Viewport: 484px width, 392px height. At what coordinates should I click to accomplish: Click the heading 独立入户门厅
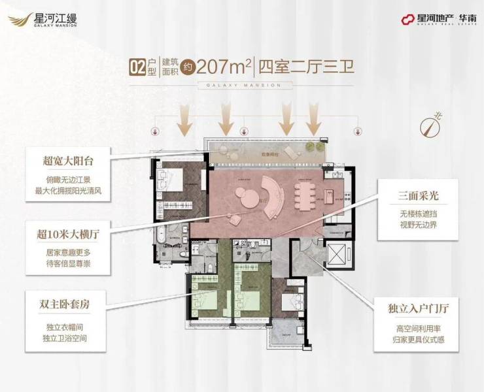[412, 304]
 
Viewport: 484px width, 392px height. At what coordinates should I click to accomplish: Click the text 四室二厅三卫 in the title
[307, 67]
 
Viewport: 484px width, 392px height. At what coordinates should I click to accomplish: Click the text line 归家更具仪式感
[412, 339]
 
